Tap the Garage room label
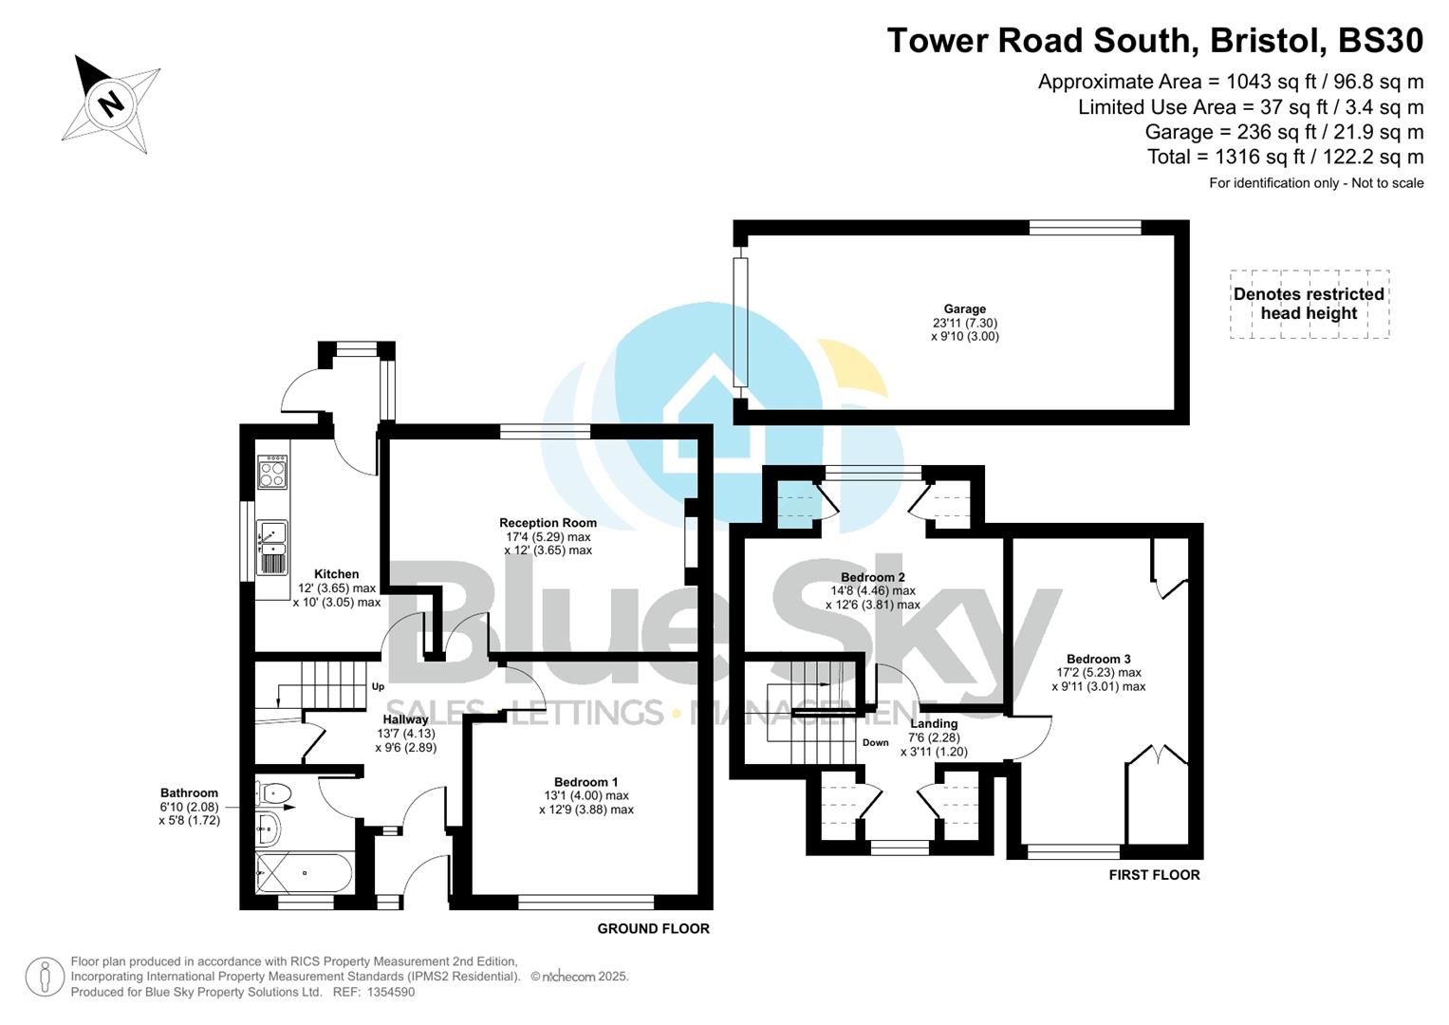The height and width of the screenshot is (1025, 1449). pos(964,309)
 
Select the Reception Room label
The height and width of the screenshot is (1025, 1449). pos(548,523)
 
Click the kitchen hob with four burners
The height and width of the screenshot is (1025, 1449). pos(272,472)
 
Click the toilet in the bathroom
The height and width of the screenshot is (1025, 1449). pos(273,792)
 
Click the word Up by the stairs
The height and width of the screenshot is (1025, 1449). pos(378,686)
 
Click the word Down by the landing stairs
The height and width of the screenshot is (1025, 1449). pos(875,742)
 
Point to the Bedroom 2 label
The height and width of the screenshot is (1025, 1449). pos(872,577)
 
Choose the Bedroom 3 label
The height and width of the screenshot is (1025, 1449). pos(1098,659)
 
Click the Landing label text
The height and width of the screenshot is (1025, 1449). pos(933,723)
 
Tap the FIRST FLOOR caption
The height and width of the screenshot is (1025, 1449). pos(1154,875)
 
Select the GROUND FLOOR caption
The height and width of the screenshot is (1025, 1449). pos(653,928)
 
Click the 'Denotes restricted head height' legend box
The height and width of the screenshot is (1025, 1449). pos(1309,304)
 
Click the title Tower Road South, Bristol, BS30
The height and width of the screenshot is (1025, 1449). pos(1155,41)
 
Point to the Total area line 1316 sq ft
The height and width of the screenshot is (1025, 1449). pos(1285,157)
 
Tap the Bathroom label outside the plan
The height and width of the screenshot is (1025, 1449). pos(189,793)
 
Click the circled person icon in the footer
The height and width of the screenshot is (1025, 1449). pos(45,977)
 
